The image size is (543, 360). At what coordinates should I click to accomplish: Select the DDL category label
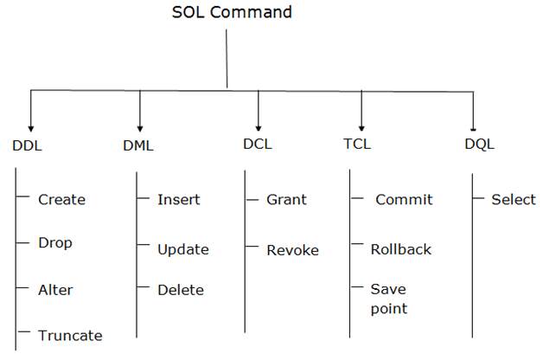(x=28, y=145)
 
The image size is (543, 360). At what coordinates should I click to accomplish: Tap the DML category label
(x=138, y=145)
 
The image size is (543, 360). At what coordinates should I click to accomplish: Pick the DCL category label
(x=257, y=144)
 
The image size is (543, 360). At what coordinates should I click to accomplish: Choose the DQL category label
(x=479, y=144)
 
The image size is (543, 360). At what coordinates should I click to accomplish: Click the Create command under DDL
(x=61, y=200)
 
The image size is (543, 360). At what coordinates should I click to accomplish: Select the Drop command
(x=55, y=243)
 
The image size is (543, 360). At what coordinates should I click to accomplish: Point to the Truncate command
(x=70, y=336)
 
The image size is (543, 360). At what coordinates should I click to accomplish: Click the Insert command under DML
(x=178, y=200)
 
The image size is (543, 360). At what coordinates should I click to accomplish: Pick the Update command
(x=183, y=249)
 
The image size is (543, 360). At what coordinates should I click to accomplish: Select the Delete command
(x=181, y=291)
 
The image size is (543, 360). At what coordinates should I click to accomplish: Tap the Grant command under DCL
(x=286, y=200)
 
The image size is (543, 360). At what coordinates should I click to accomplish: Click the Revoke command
(x=292, y=250)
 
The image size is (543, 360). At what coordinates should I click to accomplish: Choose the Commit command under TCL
(x=403, y=200)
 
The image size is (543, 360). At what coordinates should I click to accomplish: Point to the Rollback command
(x=400, y=249)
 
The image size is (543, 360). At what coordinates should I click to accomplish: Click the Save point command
(x=388, y=299)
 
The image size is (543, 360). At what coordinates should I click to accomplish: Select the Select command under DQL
(x=514, y=200)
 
